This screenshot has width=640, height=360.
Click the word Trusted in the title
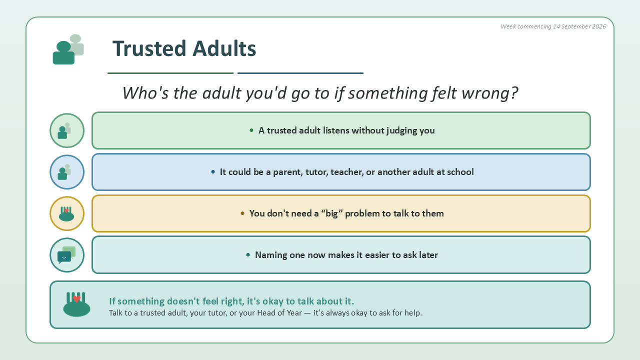coord(149,48)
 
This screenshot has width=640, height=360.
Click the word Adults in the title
coord(224,48)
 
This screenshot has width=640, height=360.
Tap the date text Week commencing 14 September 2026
coord(553,26)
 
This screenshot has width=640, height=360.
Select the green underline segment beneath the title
coord(170,73)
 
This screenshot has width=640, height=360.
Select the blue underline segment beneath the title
coord(300,73)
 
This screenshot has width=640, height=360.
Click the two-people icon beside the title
coord(68,49)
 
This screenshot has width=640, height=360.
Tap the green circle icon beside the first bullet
coord(67,130)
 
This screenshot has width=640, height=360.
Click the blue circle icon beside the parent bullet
coord(67,172)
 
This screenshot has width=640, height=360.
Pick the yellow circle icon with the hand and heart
coord(67,213)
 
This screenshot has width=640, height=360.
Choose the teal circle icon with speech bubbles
coord(67,255)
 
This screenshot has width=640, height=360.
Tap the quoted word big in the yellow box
coord(331,213)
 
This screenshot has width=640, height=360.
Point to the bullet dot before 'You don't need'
coord(242,213)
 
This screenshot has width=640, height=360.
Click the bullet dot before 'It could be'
coord(213,171)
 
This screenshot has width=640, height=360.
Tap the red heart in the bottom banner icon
coord(76,299)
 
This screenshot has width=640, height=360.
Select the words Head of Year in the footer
coord(279,313)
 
